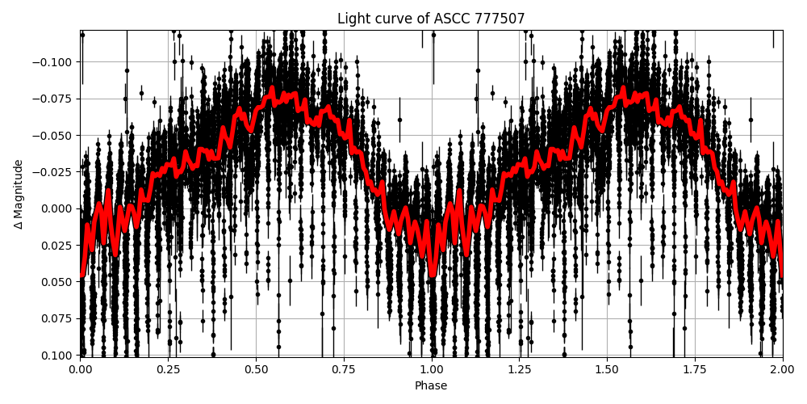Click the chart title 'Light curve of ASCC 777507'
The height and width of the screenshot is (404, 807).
pos(431,19)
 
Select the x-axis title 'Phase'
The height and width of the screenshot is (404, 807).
pos(431,386)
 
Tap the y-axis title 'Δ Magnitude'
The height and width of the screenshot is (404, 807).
pos(19,194)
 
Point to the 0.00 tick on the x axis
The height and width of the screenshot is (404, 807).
pos(80,370)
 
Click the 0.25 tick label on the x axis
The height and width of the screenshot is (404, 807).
pos(168,370)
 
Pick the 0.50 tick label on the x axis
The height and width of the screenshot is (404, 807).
pos(256,370)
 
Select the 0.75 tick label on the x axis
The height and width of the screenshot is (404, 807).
pos(344,370)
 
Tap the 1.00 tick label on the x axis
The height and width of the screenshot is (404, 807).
pos(431,370)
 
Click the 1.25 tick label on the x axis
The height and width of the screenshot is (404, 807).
pos(519,370)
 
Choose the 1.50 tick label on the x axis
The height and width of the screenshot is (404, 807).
pos(607,370)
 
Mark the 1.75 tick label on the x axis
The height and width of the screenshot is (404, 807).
pos(695,370)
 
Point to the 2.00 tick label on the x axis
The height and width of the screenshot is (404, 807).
pos(782,370)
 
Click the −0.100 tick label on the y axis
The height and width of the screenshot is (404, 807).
pos(52,62)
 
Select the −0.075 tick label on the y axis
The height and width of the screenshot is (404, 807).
pos(52,99)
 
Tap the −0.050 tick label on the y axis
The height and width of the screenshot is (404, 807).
pos(52,135)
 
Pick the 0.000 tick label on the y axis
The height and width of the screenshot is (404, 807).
pos(56,208)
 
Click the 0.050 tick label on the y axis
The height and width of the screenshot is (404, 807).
pos(56,282)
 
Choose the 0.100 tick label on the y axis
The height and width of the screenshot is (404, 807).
pos(56,355)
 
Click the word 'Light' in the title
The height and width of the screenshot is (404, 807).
pos(351,19)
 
